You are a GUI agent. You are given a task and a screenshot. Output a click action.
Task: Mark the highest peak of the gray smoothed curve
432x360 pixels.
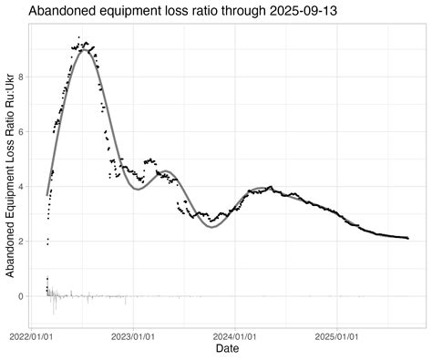pos(84,50)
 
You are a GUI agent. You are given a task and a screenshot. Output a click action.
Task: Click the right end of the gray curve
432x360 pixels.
pos(407,238)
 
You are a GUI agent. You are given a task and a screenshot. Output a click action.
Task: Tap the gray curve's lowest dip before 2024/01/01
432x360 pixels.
pos(212,227)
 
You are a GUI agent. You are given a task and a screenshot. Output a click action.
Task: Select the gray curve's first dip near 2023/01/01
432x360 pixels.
pos(138,189)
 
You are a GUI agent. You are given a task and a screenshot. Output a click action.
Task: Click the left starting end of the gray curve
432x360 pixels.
pos(47,194)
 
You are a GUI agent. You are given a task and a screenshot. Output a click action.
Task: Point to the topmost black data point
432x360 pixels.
pos(79,37)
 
